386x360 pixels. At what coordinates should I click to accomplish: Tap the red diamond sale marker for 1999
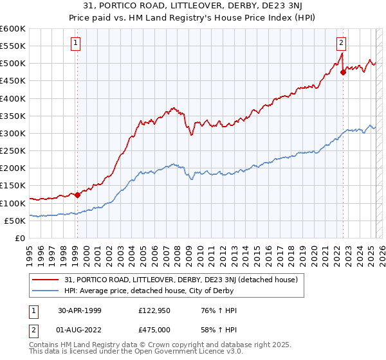[x=77, y=195]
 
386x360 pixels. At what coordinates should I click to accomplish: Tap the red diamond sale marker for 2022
[x=343, y=72]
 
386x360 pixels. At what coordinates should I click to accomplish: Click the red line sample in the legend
[x=46, y=280]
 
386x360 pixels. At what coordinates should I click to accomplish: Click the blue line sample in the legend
[x=46, y=291]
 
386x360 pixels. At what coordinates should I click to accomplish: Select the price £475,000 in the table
[x=158, y=330]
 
